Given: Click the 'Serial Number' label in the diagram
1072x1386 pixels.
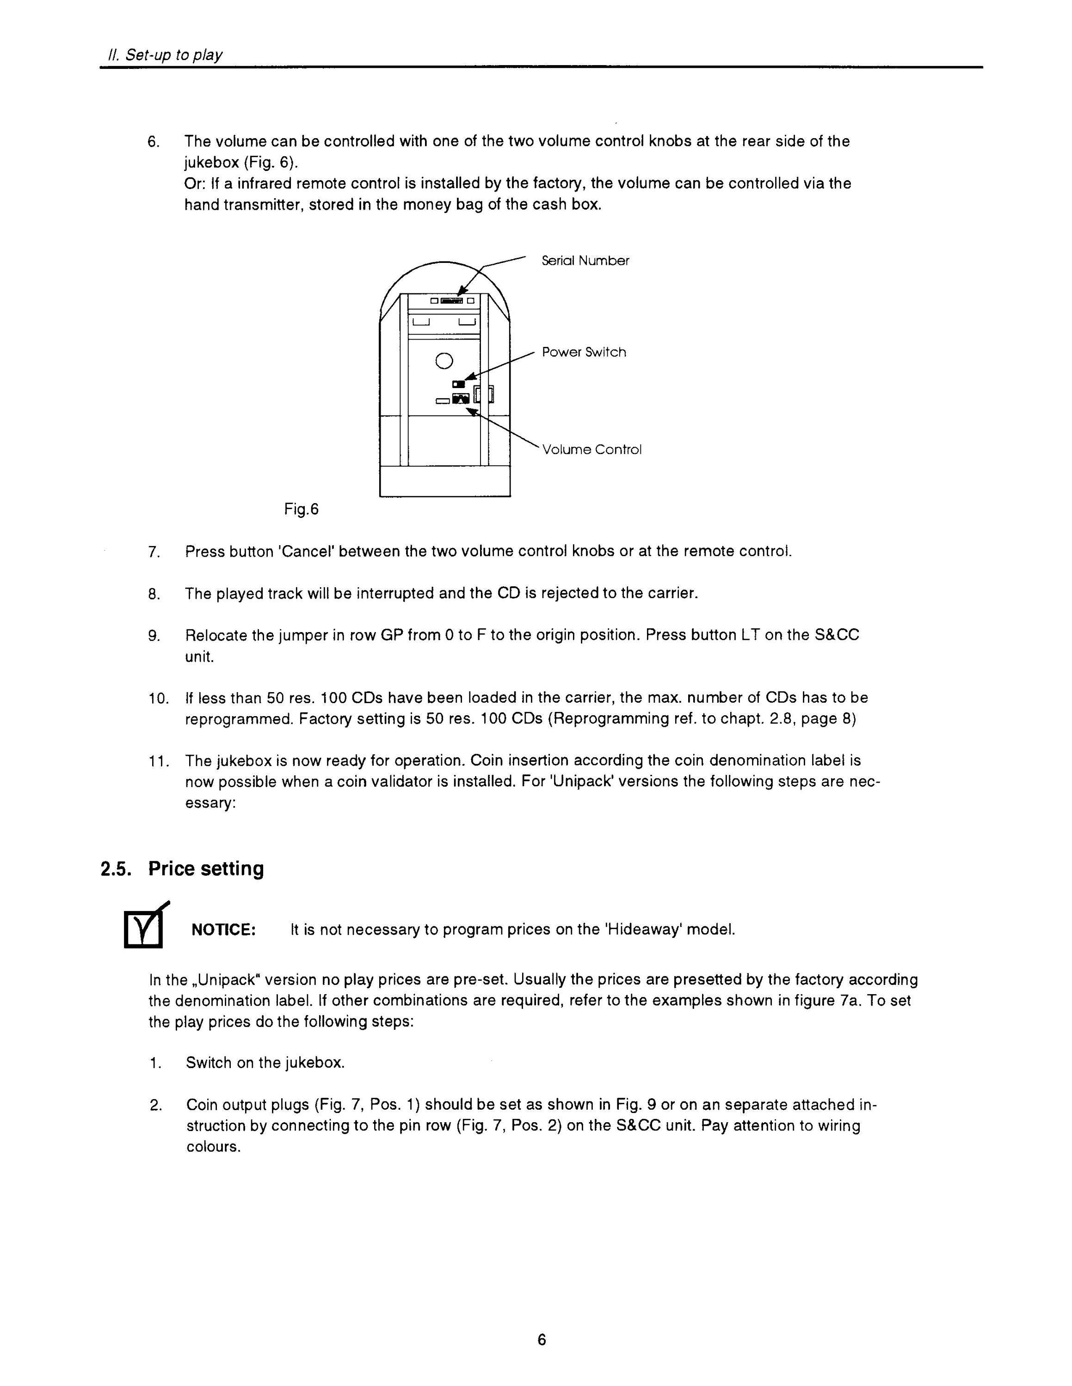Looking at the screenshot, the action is click(585, 261).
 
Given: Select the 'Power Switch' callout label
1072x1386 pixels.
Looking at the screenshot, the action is click(584, 352).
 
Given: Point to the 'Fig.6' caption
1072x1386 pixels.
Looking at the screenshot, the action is click(301, 509).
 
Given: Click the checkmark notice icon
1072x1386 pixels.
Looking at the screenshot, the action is click(145, 926).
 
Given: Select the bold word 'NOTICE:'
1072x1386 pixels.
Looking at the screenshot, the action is click(223, 930).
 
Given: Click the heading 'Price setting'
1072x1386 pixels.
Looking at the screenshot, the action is click(206, 869).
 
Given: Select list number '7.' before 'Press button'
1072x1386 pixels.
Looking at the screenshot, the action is click(154, 552).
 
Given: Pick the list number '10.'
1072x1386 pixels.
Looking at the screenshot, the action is click(159, 699).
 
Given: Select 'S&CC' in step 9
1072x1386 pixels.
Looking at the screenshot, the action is click(837, 636).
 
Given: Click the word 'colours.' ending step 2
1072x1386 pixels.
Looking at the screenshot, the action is click(213, 1148).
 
